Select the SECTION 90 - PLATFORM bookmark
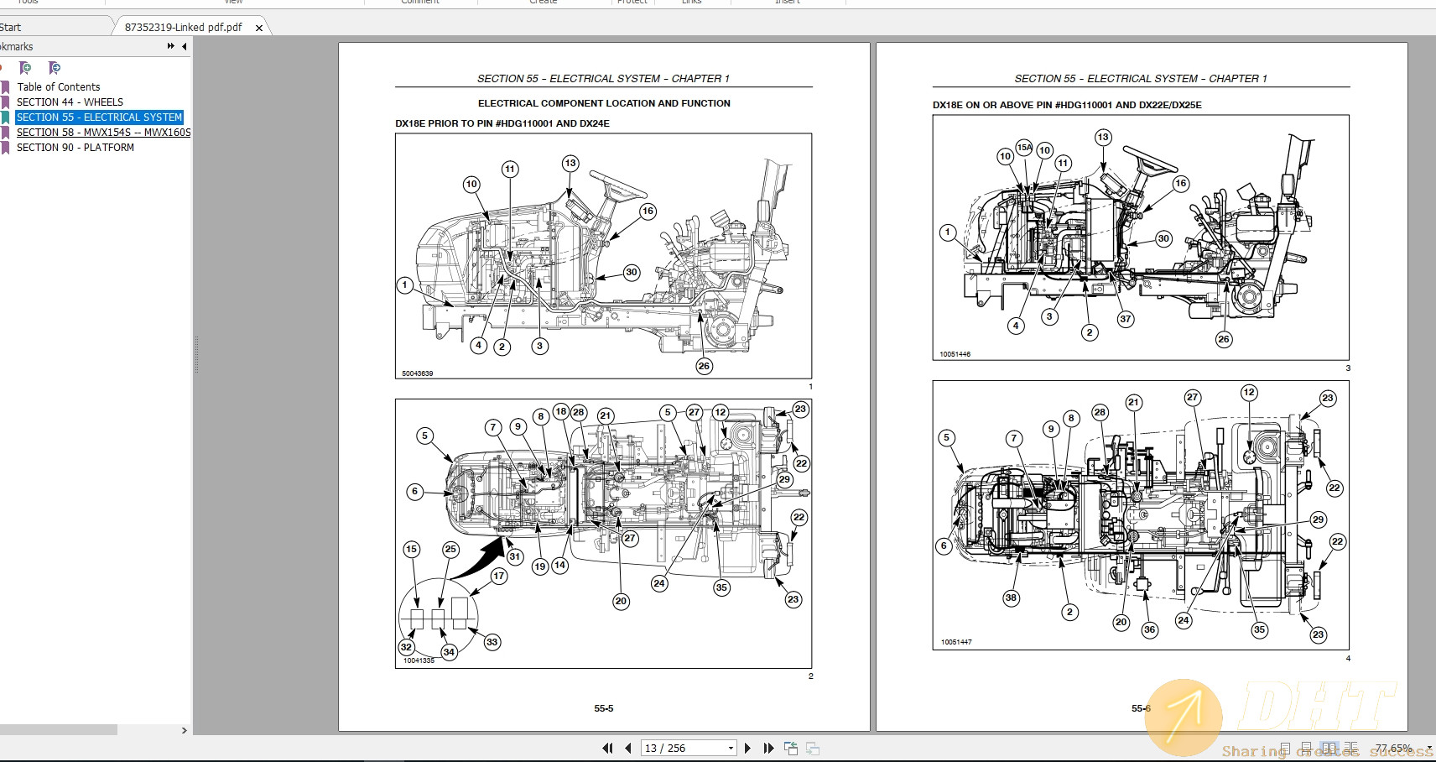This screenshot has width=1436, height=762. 75,148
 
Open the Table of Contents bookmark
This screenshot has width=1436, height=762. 58,87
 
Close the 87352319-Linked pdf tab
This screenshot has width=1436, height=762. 259,28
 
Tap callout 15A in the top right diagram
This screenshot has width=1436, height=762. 1024,148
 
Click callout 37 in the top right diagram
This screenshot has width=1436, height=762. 1126,319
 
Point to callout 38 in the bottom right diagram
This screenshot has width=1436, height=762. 1011,598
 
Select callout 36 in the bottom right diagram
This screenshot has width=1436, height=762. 1149,629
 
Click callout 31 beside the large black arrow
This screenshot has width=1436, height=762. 515,556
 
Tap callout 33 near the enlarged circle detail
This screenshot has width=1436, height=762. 492,642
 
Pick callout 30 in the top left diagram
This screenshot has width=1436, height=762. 632,273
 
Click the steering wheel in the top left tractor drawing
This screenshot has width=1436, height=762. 617,185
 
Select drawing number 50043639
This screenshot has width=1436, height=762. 417,373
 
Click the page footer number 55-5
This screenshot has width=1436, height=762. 603,708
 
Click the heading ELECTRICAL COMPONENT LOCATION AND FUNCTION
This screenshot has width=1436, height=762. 604,103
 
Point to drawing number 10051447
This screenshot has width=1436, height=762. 955,642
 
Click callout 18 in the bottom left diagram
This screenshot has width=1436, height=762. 560,411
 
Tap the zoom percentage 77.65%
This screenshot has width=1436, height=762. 1392,748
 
